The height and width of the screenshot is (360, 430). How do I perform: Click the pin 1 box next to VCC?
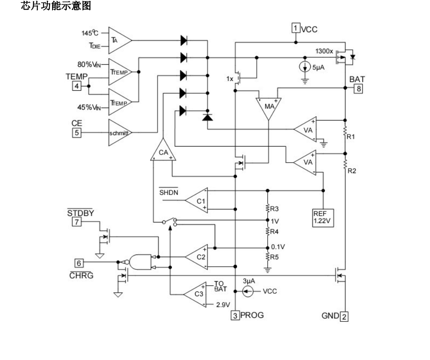[x=295, y=29]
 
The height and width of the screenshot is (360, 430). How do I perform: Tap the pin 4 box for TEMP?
[x=77, y=86]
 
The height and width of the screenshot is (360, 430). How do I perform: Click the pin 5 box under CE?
[x=76, y=133]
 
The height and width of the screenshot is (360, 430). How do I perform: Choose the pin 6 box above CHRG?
[x=78, y=263]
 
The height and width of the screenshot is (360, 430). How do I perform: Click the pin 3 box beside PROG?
[x=235, y=316]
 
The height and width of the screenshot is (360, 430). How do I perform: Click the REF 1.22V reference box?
[x=322, y=216]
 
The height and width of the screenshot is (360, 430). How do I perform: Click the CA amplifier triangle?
[x=163, y=152]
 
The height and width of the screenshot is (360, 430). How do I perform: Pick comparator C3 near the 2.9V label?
[x=196, y=295]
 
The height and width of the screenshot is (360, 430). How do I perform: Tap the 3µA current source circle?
[x=249, y=291]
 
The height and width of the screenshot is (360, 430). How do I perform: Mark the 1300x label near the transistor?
[x=325, y=51]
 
